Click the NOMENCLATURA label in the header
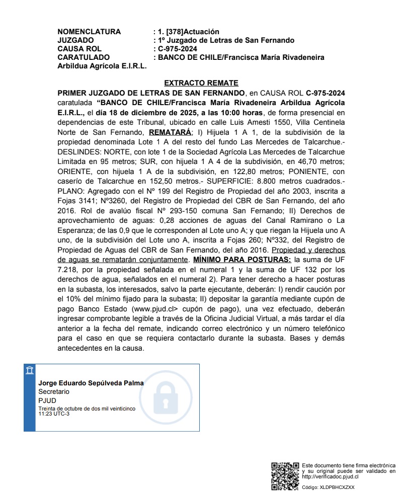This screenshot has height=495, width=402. point(89,32)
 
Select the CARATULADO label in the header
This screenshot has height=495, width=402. point(84,57)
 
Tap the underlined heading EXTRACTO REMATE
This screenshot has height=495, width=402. point(201,83)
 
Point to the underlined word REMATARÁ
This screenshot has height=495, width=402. point(171,132)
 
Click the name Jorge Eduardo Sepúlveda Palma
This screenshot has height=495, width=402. point(91,383)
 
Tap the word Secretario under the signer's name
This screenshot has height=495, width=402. point(54,391)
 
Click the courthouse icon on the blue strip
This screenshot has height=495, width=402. point(30,371)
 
